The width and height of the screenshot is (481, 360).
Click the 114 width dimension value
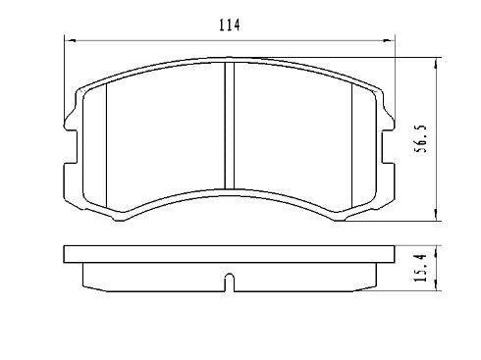[230, 26]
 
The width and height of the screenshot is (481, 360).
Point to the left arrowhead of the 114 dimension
[69, 39]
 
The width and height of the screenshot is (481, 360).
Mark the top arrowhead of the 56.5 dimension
[436, 61]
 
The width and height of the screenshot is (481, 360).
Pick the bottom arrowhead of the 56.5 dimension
[436, 221]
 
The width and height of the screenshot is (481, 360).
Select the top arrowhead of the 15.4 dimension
[436, 248]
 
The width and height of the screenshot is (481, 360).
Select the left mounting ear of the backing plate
[71, 126]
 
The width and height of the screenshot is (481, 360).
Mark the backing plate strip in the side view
[230, 254]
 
